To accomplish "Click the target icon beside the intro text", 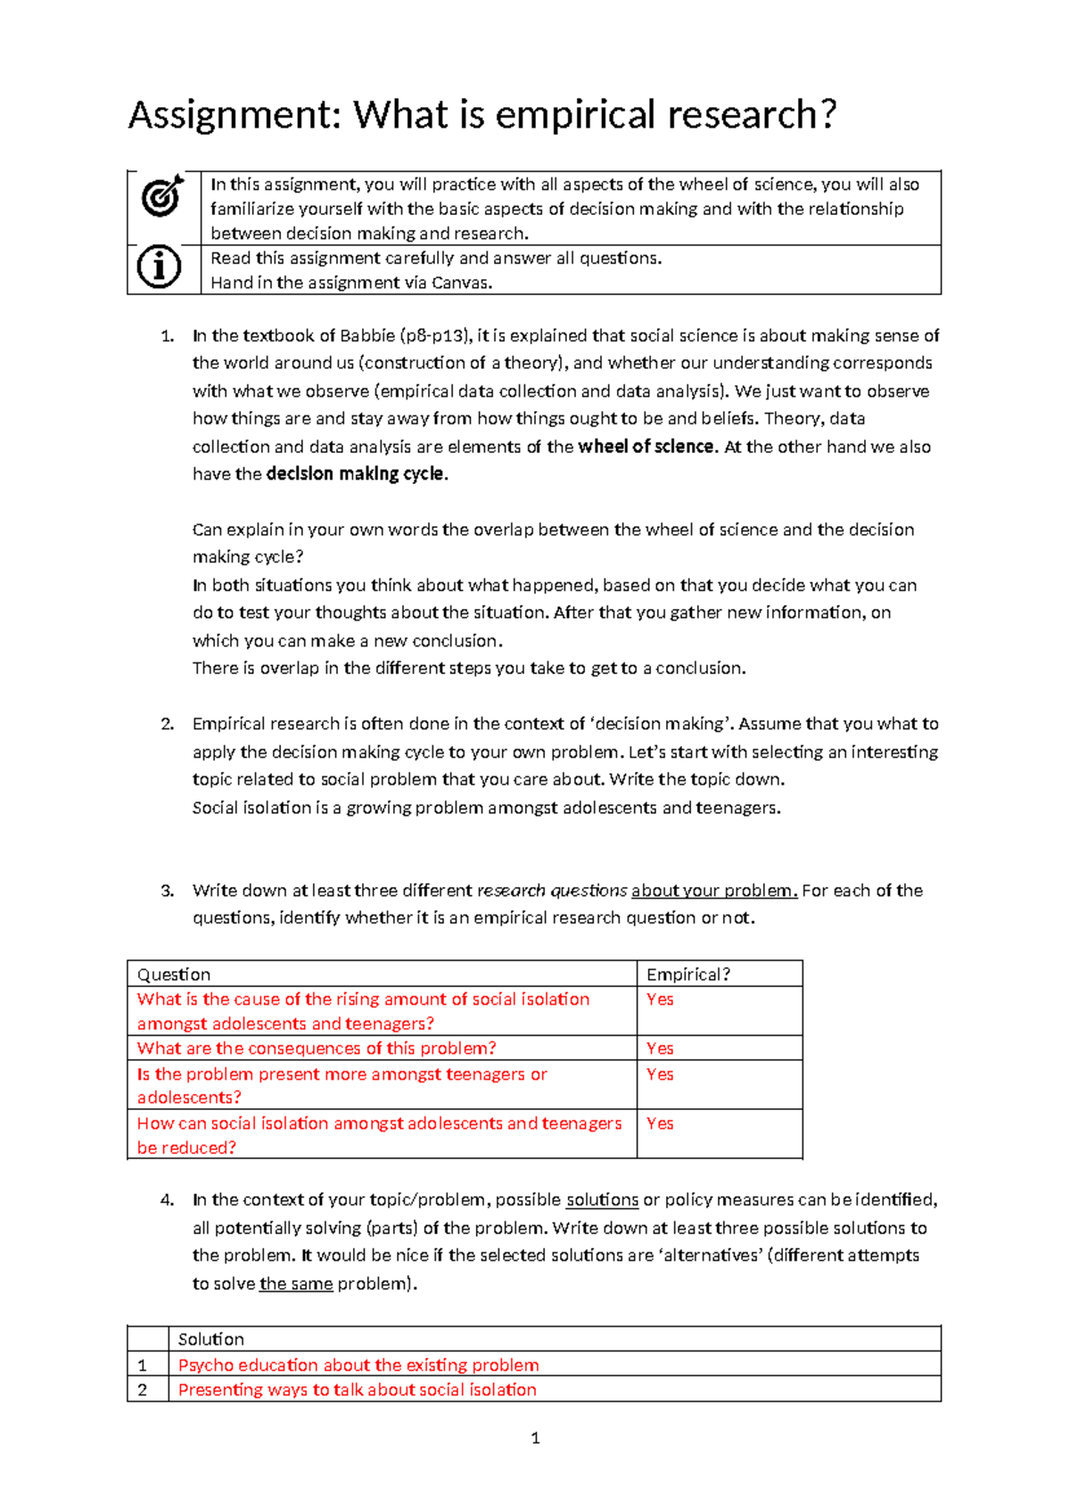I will pyautogui.click(x=162, y=195).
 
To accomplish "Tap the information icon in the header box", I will pyautogui.click(x=160, y=267).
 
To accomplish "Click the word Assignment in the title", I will pyautogui.click(x=234, y=115).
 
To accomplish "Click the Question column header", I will pyautogui.click(x=174, y=974).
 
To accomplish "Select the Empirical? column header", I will pyautogui.click(x=687, y=974).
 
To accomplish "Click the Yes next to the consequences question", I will pyautogui.click(x=660, y=1048).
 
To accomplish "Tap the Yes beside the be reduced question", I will pyautogui.click(x=660, y=1123).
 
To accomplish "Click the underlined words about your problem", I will pyautogui.click(x=713, y=891).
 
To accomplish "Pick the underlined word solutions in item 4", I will pyautogui.click(x=602, y=1200).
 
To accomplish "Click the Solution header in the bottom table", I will pyautogui.click(x=210, y=1339).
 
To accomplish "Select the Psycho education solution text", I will pyautogui.click(x=358, y=1365).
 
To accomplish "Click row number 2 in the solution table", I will pyautogui.click(x=143, y=1390).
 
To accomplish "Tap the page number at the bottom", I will pyautogui.click(x=535, y=1438).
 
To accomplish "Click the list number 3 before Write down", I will pyautogui.click(x=167, y=891).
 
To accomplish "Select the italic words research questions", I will pyautogui.click(x=552, y=891).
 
